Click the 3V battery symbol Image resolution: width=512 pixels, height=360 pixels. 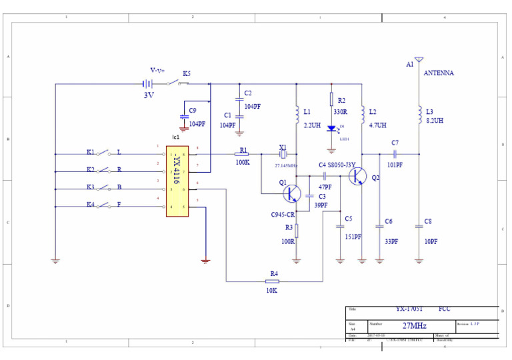pyautogui.click(x=147, y=84)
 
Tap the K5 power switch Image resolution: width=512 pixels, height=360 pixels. pyautogui.click(x=176, y=83)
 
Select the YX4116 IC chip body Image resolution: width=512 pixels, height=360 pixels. pyautogui.click(x=177, y=181)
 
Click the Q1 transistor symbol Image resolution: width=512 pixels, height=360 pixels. pyautogui.click(x=292, y=193)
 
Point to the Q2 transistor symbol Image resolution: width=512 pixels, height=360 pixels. pyautogui.click(x=359, y=176)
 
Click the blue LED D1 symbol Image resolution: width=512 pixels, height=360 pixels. pyautogui.click(x=331, y=128)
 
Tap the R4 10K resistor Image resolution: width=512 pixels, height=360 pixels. pyautogui.click(x=274, y=281)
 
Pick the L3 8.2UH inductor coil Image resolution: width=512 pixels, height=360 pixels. pyautogui.click(x=419, y=116)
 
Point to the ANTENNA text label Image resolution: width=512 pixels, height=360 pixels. pyautogui.click(x=439, y=73)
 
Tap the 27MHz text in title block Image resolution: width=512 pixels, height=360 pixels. pyautogui.click(x=414, y=326)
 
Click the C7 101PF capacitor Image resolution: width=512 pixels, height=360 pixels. pyautogui.click(x=395, y=154)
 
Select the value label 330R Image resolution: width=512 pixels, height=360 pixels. pyautogui.click(x=341, y=112)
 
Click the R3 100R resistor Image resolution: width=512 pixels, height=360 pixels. pyautogui.click(x=297, y=231)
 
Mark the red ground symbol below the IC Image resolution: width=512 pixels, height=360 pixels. pyautogui.click(x=205, y=261)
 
